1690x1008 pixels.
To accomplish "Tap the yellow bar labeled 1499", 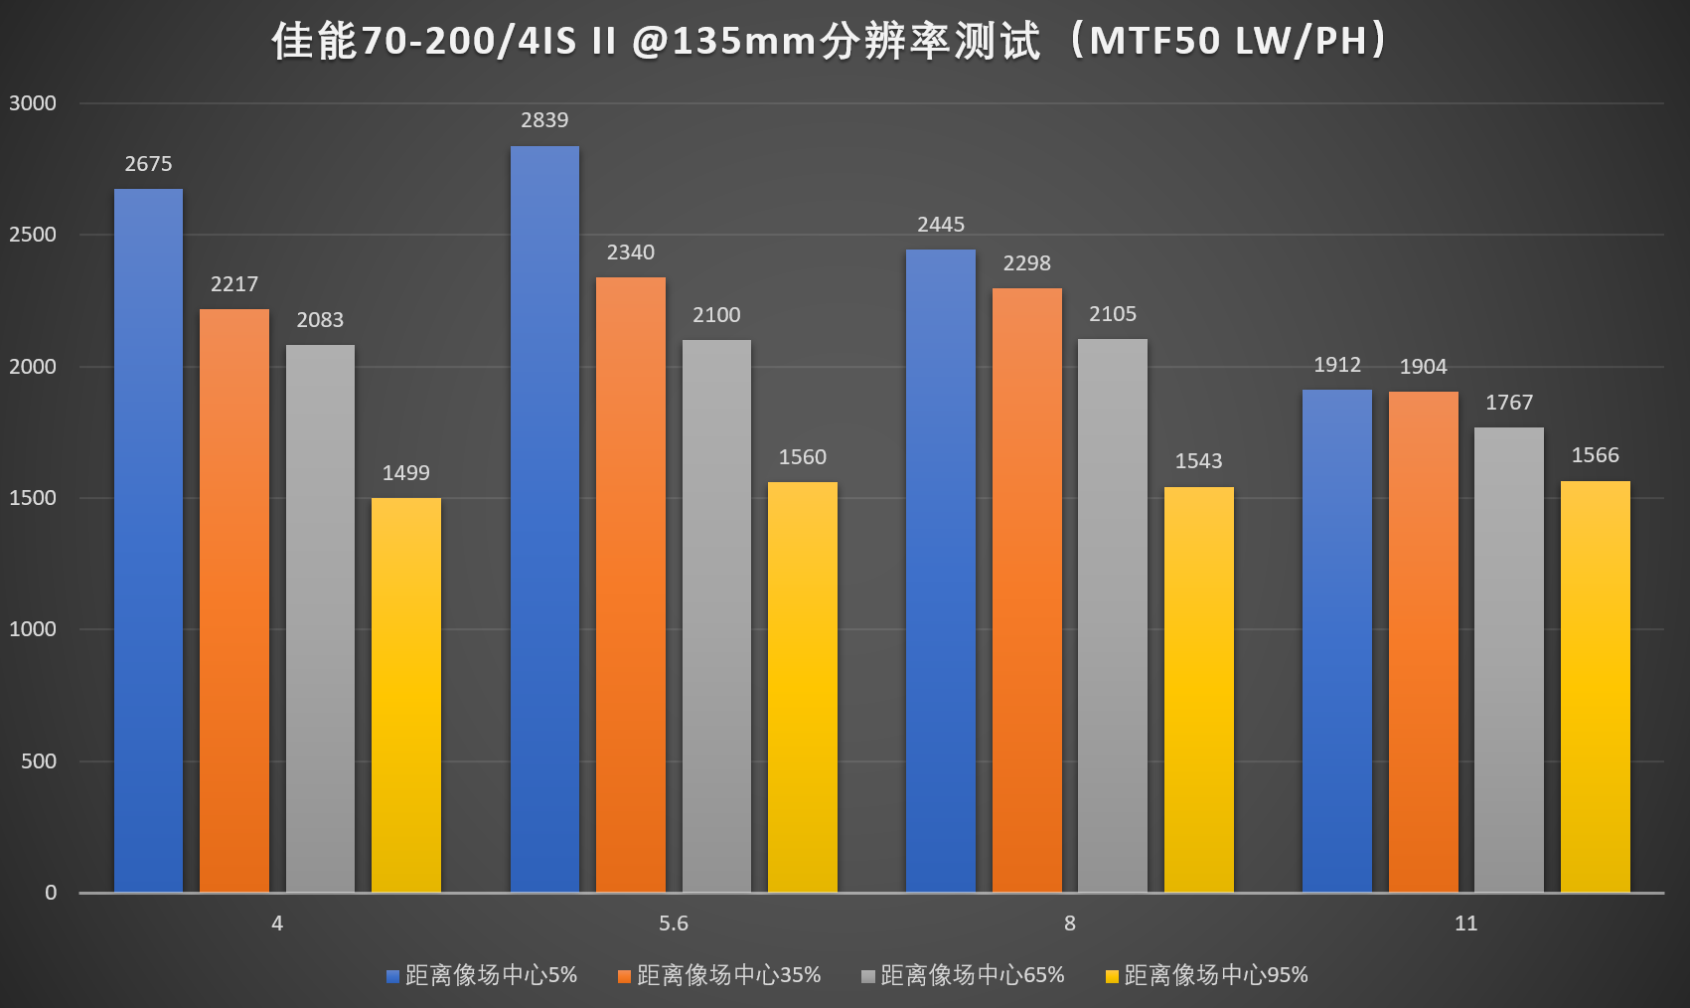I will tap(406, 695).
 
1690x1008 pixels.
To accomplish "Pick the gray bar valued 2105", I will tap(1113, 615).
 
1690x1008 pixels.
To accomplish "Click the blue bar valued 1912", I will tap(1337, 641).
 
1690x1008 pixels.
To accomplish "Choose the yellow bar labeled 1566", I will tap(1596, 687).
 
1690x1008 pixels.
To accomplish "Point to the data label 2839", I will tap(544, 120).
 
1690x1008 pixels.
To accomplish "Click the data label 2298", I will tap(1026, 263).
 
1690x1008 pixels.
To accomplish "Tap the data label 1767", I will tap(1509, 403).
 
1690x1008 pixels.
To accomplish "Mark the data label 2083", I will tap(320, 320).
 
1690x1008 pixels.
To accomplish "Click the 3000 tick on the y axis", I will tap(33, 103).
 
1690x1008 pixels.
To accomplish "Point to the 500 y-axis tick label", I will tap(39, 761).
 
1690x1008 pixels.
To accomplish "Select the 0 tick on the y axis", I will tap(51, 893).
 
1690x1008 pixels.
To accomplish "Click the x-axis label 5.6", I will tap(674, 924).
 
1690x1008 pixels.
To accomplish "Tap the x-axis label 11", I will tap(1466, 924).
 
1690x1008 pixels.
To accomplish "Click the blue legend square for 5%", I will tap(392, 976).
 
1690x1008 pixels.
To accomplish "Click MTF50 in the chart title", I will tap(1155, 41).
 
